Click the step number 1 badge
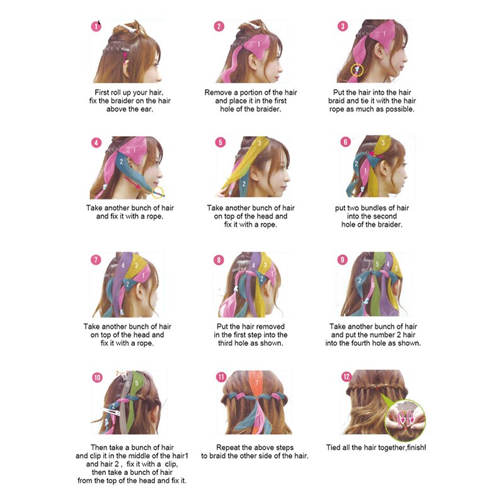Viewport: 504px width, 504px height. (x=96, y=26)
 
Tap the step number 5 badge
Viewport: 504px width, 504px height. (x=220, y=142)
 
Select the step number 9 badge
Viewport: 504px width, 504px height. (x=342, y=259)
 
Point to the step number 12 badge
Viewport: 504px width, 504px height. (x=346, y=377)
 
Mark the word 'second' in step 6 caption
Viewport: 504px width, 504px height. (x=384, y=216)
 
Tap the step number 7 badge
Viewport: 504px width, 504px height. (x=96, y=260)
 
